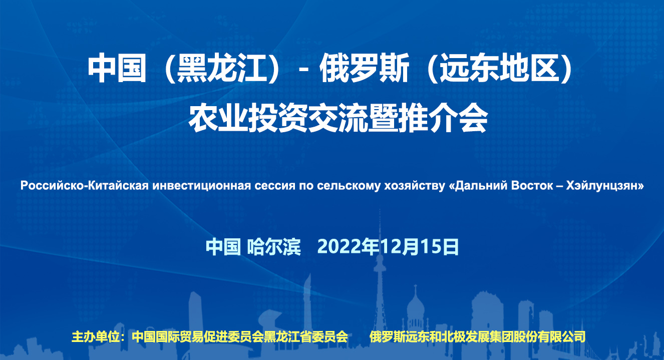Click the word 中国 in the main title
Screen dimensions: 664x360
click(117, 68)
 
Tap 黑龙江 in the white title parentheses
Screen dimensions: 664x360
click(221, 68)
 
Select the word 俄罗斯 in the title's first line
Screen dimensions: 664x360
click(365, 68)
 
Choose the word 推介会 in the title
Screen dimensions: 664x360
click(443, 118)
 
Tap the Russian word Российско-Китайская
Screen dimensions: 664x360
click(84, 186)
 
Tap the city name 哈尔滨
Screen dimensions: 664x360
click(274, 247)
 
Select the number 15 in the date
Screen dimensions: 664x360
click(431, 247)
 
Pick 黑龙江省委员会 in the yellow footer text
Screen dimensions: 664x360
click(305, 337)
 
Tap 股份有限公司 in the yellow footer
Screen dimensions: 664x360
click(549, 337)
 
